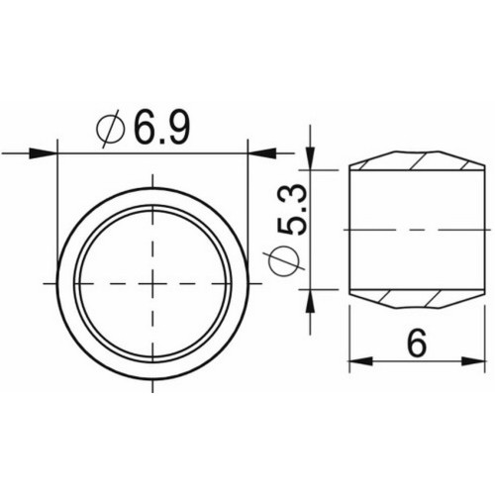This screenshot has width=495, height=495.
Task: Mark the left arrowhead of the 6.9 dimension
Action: coord(44,152)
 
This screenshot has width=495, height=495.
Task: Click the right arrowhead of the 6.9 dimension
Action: coord(260,152)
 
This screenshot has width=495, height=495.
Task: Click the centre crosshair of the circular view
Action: coord(152,283)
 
